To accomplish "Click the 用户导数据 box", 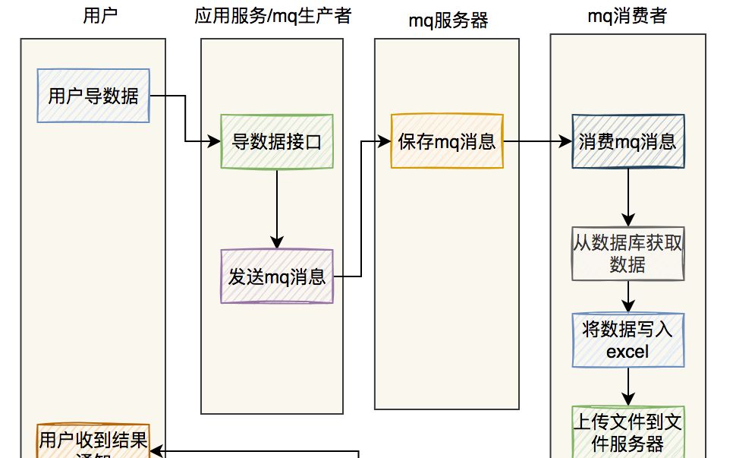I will coord(93,96).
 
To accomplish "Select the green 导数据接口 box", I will coord(277,141).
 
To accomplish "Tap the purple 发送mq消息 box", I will coord(277,276).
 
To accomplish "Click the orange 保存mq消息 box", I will coord(447,141).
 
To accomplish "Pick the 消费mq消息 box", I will coord(628,141).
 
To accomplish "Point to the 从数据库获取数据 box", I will coord(628,253).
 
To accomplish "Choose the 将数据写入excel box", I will coord(628,340).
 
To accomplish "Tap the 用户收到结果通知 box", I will coord(93,443).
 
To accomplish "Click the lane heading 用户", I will coord(101,15).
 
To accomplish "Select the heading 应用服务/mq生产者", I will coord(272,15).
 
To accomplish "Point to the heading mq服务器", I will coord(448,21).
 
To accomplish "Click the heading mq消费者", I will coord(627,15).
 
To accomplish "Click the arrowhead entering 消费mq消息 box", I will coord(565,141).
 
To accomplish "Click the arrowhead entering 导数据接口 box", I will coord(215,142).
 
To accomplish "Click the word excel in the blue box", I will coord(628,351).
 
